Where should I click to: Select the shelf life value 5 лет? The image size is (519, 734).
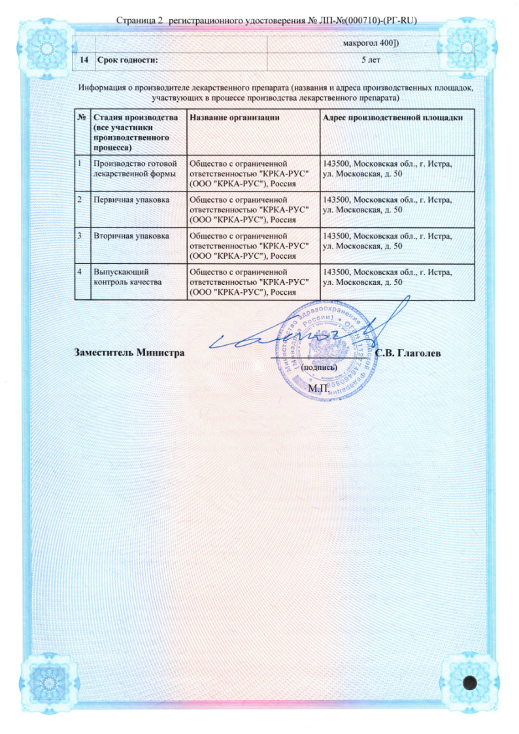pos(372,61)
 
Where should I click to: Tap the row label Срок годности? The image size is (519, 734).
pos(127,61)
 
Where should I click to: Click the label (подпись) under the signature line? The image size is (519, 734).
pos(318,368)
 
